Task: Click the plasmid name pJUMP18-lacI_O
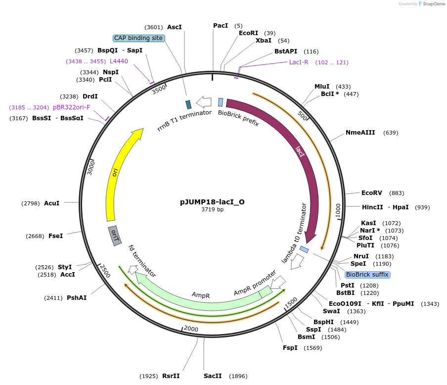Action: point(212,202)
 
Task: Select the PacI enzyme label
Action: point(221,25)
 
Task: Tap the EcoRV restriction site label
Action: point(372,193)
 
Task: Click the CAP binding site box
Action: point(138,38)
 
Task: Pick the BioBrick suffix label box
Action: point(367,275)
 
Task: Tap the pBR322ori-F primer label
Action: point(72,107)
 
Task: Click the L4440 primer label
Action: point(119,61)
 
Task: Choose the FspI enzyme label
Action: point(290,348)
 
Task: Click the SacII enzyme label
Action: point(213,376)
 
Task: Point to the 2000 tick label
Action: point(190,329)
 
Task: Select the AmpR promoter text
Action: point(255,284)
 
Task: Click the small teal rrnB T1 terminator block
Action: point(188,104)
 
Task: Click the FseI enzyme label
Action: point(55,236)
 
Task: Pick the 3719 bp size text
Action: point(212,210)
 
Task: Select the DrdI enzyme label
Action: point(90,96)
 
